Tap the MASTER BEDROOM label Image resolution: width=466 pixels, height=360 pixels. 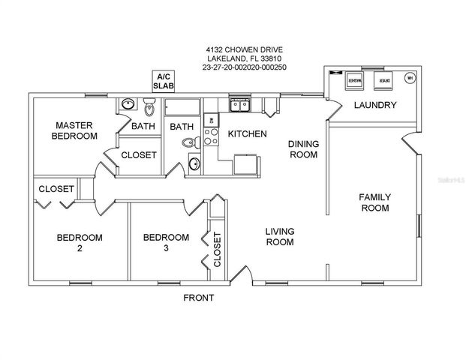coord(74,130)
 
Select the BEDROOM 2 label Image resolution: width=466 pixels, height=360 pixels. coord(80,244)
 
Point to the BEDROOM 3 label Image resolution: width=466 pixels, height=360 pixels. coord(166,244)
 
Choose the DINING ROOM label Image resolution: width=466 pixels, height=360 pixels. coord(305,148)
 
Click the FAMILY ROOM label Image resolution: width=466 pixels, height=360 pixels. coord(374,202)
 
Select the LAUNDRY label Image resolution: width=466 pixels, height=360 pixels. coord(374,106)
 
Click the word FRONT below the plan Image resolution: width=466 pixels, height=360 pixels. coord(199,298)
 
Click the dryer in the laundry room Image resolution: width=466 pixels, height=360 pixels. coord(384,79)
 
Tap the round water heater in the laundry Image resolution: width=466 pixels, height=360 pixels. coord(410,78)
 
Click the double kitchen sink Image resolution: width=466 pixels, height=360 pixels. coord(240,104)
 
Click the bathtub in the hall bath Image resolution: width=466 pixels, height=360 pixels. coord(183,106)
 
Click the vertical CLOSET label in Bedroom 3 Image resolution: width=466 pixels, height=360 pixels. coord(217,250)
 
